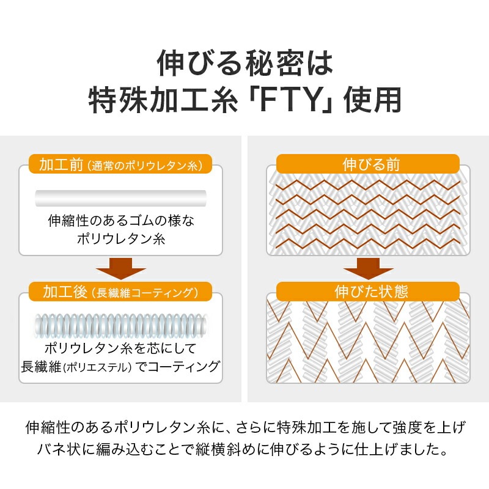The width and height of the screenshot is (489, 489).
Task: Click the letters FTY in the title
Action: [x=290, y=100]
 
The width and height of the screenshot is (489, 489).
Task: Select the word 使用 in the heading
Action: [x=372, y=100]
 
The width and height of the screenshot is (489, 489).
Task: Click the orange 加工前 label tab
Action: [x=120, y=164]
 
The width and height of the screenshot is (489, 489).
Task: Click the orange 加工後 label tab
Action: [x=120, y=292]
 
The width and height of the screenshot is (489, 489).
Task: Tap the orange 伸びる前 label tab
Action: [x=368, y=164]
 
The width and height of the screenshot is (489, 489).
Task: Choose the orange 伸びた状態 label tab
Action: [x=368, y=292]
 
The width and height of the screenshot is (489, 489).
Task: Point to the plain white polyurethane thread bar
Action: [x=120, y=198]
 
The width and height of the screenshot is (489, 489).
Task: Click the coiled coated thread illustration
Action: [x=120, y=326]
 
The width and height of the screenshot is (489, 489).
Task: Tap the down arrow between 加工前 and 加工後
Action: [x=120, y=268]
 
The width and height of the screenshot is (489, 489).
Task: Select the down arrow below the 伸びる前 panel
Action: [x=369, y=268]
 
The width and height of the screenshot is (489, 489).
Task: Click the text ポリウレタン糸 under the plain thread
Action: [x=121, y=239]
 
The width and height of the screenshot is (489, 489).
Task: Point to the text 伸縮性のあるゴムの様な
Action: [x=121, y=221]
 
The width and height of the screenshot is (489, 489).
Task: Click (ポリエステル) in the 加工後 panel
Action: [x=97, y=367]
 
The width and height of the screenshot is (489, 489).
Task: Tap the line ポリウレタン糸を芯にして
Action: [x=120, y=348]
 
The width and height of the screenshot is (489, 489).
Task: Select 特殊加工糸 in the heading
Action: [x=163, y=100]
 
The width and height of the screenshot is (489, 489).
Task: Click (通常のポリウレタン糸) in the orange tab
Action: [x=145, y=165]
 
